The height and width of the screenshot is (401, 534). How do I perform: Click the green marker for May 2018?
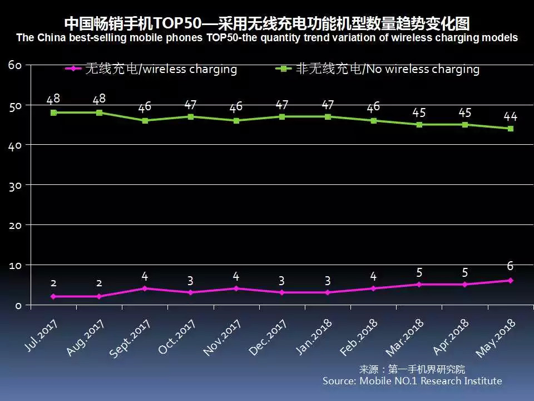510,129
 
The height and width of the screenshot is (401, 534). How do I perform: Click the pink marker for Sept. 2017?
145,288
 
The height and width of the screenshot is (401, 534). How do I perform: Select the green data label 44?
510,116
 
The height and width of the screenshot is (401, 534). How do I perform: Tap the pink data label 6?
510,266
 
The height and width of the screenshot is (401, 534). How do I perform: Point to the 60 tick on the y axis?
15,65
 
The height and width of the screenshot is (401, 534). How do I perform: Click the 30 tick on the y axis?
15,185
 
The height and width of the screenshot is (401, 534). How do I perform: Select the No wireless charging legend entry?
378,69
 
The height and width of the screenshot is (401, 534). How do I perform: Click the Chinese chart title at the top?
267,24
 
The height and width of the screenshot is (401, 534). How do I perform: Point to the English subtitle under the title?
267,38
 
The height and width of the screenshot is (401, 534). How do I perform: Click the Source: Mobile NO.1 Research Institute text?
412,381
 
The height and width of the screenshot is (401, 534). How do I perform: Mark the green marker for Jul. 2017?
53,113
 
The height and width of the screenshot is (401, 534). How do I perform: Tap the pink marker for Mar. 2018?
419,284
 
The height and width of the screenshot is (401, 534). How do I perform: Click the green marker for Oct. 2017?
190,116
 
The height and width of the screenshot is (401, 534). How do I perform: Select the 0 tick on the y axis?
18,305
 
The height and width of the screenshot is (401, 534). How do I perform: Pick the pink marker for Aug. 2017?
99,296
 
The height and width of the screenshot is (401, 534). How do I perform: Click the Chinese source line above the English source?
412,369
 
